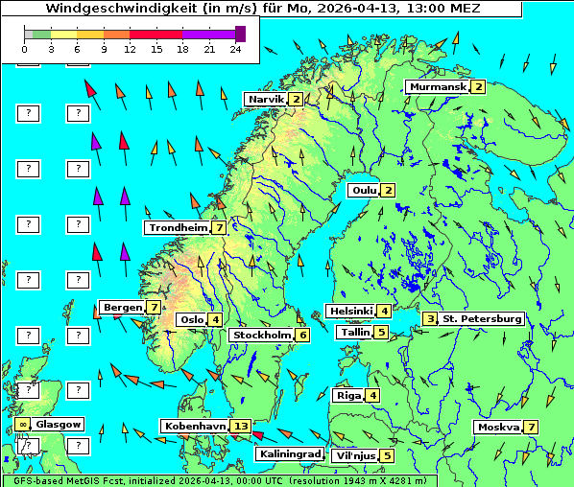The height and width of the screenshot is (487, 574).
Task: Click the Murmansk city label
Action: tap(437, 86)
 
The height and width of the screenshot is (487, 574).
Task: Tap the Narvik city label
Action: tap(266, 99)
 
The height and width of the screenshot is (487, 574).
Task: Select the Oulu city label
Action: tap(362, 190)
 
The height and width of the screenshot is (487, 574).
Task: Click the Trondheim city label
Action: tap(178, 227)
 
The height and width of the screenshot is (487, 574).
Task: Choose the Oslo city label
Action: tap(192, 319)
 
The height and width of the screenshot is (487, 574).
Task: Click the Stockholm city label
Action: tap(261, 335)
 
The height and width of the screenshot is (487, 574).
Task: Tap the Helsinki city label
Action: tap(349, 311)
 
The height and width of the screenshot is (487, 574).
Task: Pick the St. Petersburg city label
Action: tap(481, 318)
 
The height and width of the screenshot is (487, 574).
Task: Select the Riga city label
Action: tap(347, 395)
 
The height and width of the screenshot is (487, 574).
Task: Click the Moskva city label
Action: tap(497, 427)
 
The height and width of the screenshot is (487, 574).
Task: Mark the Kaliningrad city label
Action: tap(289, 454)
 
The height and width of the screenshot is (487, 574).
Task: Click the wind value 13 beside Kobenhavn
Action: tap(241, 426)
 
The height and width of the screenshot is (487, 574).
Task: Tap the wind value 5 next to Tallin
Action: tap(381, 333)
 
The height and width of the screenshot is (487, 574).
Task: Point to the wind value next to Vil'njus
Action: tap(387, 455)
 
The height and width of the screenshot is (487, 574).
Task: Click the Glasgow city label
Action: tap(60, 424)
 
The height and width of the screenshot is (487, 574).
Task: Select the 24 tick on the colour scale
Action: tap(236, 49)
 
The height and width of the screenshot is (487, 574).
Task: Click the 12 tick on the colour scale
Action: tap(130, 49)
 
